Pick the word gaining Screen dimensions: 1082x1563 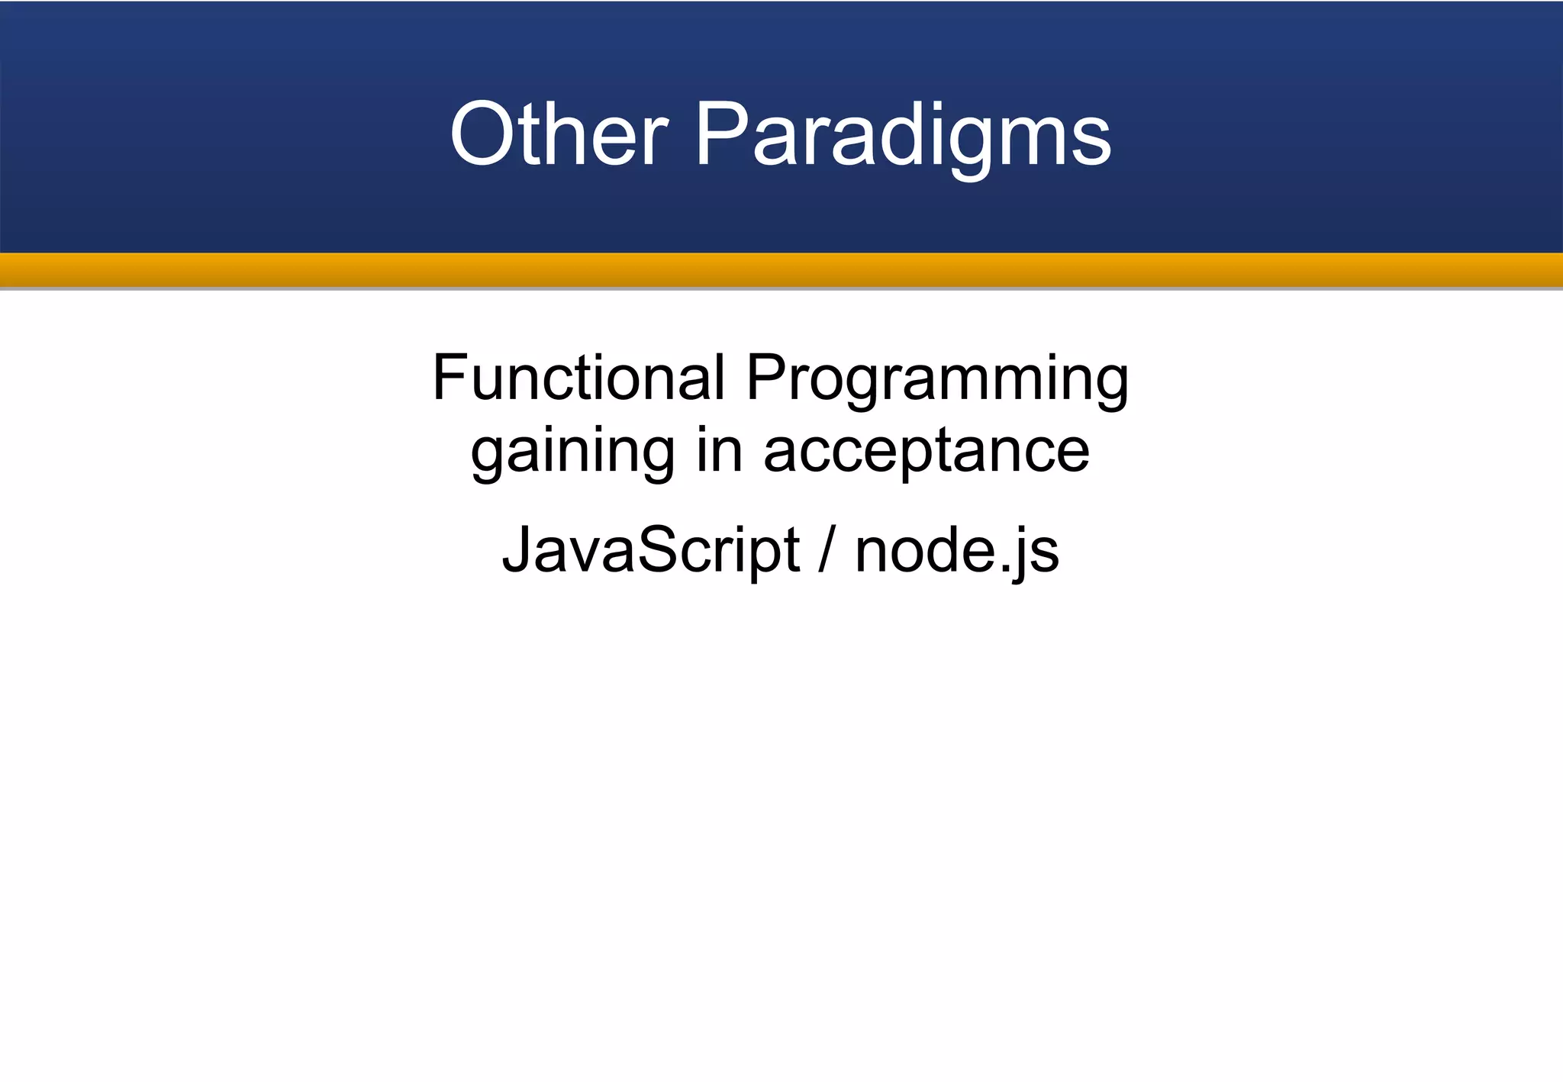tap(572, 452)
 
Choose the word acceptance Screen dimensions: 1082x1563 tap(927, 452)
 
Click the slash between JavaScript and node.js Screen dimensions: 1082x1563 tap(827, 550)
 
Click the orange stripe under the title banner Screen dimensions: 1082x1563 tap(781, 269)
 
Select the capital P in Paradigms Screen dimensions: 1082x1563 tap(721, 135)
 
